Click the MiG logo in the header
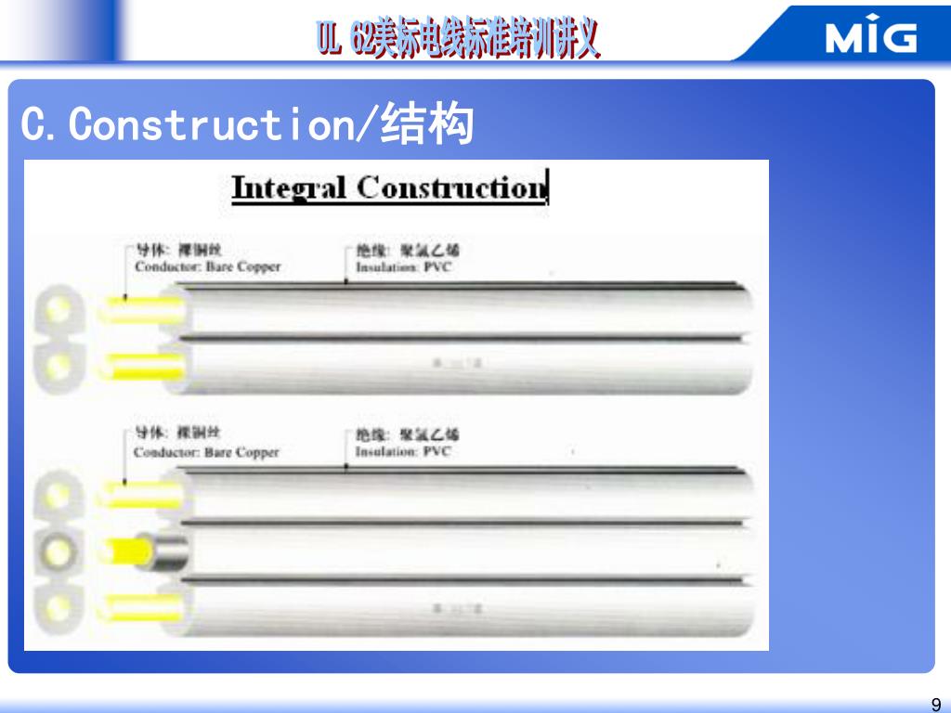click(870, 37)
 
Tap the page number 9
click(935, 703)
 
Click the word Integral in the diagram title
click(291, 188)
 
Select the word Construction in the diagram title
click(451, 188)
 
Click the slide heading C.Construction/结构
click(247, 124)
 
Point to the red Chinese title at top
click(459, 39)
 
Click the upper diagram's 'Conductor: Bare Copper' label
click(207, 266)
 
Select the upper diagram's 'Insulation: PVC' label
click(403, 267)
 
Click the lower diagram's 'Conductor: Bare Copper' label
click(206, 453)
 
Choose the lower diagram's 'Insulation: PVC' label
click(402, 452)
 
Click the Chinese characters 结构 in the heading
click(428, 124)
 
